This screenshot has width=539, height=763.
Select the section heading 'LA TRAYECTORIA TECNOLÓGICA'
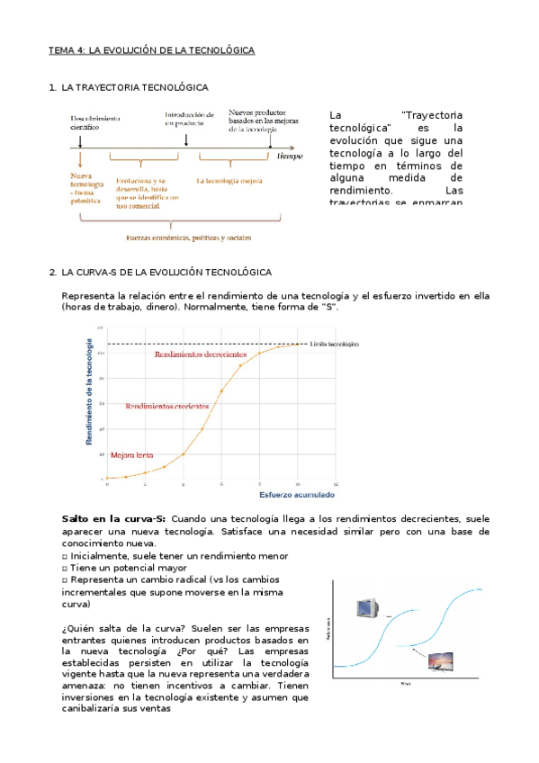[x=134, y=87]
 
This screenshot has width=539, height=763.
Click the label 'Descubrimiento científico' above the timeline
[x=97, y=123]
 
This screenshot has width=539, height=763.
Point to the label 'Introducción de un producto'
[x=189, y=120]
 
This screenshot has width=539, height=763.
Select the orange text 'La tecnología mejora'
[x=229, y=180]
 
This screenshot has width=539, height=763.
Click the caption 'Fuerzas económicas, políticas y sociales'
[x=188, y=238]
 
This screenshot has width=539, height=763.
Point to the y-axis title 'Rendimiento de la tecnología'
[x=89, y=392]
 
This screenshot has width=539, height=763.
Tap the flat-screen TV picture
[x=441, y=664]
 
